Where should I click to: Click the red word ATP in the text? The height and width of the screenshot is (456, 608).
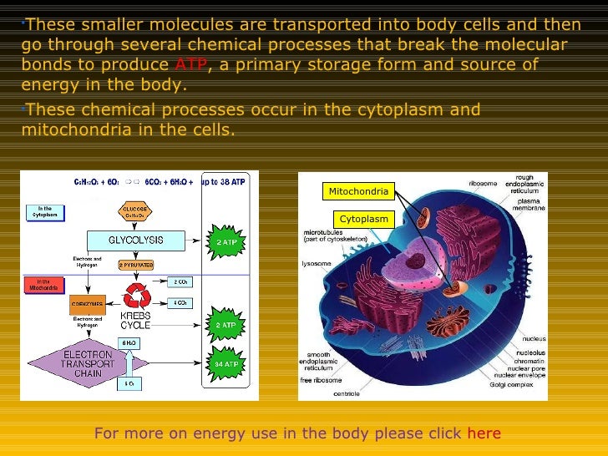(188, 66)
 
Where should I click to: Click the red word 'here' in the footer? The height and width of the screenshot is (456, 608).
(484, 433)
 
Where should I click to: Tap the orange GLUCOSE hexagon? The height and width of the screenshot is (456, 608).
(135, 211)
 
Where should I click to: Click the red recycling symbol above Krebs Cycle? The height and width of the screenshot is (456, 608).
(134, 294)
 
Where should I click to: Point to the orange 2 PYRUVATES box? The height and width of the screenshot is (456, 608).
(135, 265)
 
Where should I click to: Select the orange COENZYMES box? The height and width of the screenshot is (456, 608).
(86, 305)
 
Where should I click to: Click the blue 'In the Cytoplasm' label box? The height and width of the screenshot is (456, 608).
(44, 212)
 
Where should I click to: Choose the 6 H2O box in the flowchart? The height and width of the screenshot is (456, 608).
(129, 342)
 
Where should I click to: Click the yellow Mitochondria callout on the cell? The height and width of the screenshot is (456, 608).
(358, 192)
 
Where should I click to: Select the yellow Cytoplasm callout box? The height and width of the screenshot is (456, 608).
(364, 219)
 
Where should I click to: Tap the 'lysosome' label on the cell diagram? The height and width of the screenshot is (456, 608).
(317, 264)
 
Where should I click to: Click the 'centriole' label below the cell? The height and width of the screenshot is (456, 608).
(347, 393)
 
